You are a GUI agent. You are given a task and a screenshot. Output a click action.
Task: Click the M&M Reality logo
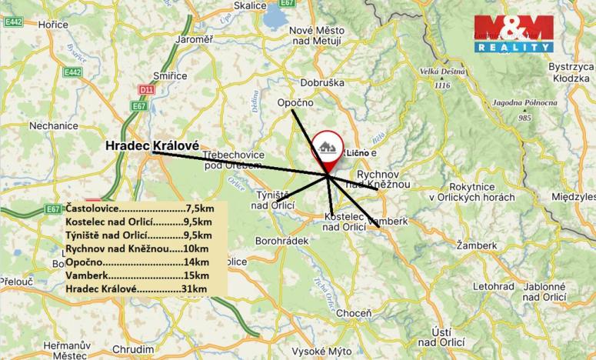pos(513,33)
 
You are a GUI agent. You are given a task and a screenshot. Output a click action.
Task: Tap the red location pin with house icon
pos(328,150)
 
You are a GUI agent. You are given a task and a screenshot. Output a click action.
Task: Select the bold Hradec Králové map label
pos(151,145)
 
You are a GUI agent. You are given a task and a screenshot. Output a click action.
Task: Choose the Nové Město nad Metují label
pos(316,35)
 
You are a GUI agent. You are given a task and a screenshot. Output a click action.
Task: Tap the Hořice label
pos(54,25)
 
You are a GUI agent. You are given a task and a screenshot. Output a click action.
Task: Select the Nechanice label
pos(54,125)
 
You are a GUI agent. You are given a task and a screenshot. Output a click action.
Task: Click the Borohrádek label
pos(282,241)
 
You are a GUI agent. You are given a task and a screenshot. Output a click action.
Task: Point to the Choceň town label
pos(355,313)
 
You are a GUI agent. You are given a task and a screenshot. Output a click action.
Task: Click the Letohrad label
pos(494,287)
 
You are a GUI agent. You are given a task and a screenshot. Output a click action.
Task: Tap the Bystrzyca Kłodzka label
pos(571,72)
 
